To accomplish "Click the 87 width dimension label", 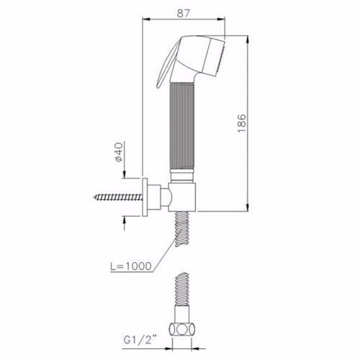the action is point(183,13).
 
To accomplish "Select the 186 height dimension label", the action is point(241,123).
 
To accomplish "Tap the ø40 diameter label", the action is point(119,152).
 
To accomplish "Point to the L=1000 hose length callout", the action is point(131,266).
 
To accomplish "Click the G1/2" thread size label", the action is point(140,340).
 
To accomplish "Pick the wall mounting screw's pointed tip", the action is point(94,197).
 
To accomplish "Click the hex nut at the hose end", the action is point(182,329).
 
